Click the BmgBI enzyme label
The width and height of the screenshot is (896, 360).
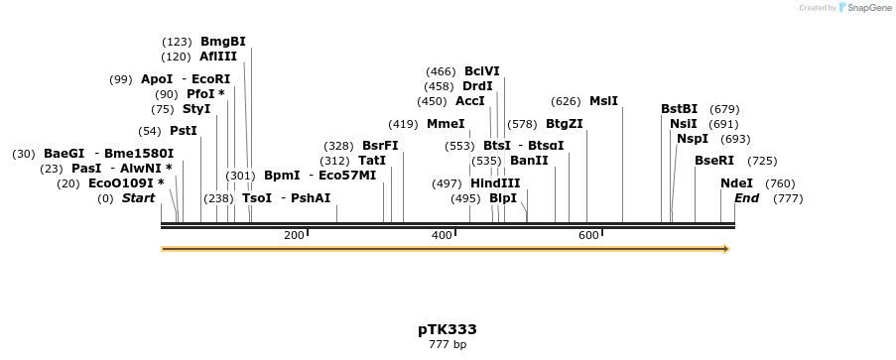(x=222, y=42)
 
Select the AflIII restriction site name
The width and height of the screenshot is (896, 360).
(x=218, y=57)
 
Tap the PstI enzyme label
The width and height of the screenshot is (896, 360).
(x=184, y=131)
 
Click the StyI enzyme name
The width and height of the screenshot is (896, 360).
(x=196, y=109)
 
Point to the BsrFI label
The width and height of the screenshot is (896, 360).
(x=380, y=146)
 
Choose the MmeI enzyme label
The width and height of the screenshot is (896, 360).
(x=446, y=124)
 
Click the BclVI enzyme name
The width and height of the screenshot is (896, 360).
(x=482, y=71)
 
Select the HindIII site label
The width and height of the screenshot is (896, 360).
(x=495, y=183)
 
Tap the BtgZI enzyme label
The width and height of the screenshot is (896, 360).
(x=565, y=124)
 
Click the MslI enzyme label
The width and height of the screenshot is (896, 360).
(x=603, y=101)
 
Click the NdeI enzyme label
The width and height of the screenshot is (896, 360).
(x=737, y=183)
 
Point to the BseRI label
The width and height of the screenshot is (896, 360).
(x=714, y=161)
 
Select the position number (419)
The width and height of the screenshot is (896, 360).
(x=403, y=124)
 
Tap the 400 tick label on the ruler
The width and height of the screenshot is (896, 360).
(x=442, y=235)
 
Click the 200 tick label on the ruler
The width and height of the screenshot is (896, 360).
(x=294, y=235)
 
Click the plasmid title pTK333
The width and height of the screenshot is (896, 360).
(x=448, y=329)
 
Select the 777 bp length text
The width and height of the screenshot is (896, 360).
(x=448, y=345)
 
